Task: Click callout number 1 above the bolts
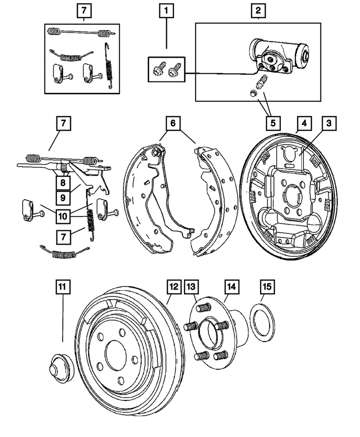coord(167,11)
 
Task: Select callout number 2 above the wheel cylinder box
coord(258,11)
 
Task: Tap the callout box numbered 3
coord(329,123)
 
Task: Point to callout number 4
coord(304,123)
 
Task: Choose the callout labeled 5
coord(273,123)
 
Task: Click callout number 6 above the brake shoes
coord(173,123)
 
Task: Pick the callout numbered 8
coord(63,183)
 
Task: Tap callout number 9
coord(63,198)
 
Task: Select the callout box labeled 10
coord(63,216)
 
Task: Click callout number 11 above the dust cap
coord(62,287)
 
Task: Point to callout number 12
coord(174,287)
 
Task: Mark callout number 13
coord(192,287)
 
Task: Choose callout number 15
coord(267,287)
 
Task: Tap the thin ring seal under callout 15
coord(263,323)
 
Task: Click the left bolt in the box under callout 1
coord(158,69)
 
